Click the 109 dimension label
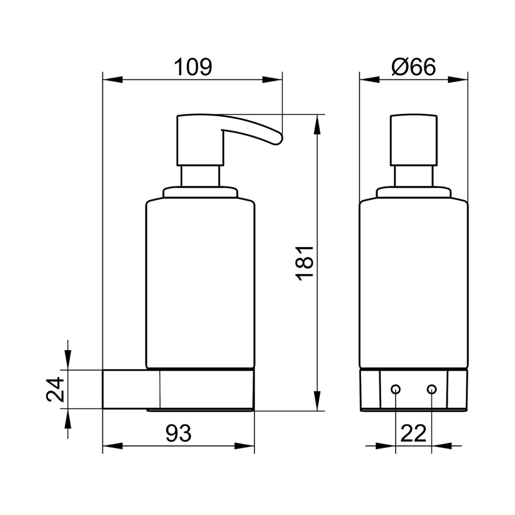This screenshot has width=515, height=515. [193, 67]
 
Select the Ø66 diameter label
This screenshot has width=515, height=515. [414, 67]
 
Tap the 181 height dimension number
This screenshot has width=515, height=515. [304, 262]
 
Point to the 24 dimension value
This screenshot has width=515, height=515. [56, 390]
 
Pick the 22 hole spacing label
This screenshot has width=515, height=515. [413, 434]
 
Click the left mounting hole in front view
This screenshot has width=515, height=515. [396, 389]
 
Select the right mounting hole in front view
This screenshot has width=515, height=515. [431, 389]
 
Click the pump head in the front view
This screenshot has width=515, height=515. [413, 139]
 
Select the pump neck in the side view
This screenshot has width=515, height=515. [200, 176]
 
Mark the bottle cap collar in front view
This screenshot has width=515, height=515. [413, 193]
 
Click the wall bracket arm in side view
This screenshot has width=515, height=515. [130, 389]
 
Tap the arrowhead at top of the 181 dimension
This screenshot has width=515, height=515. [316, 125]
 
